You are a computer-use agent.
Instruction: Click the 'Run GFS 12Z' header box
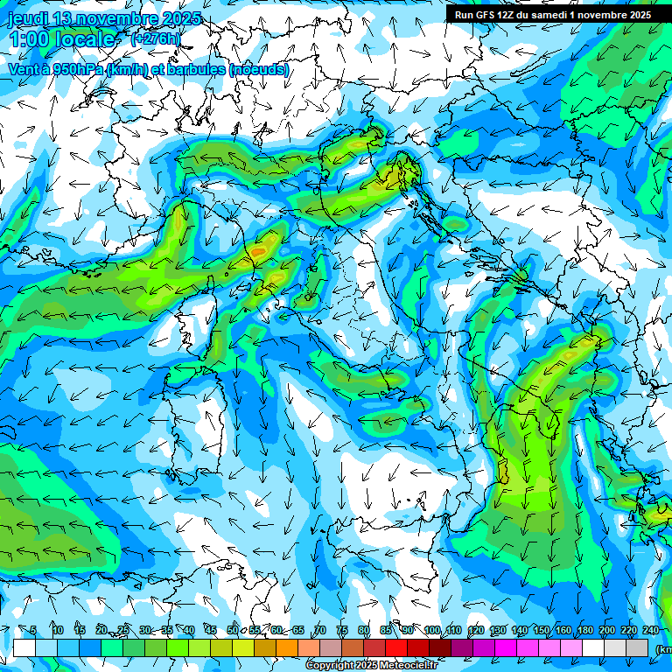click(x=552, y=15)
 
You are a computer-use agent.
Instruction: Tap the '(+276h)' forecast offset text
click(x=156, y=38)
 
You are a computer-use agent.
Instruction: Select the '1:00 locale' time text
click(x=63, y=39)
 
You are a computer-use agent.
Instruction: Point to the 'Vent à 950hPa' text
click(x=55, y=69)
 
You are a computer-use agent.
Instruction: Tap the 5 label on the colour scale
click(x=33, y=630)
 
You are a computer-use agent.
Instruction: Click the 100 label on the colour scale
click(x=431, y=630)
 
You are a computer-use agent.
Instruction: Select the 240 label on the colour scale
click(x=651, y=630)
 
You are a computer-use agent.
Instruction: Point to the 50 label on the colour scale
click(x=232, y=630)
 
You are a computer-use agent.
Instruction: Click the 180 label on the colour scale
click(x=584, y=630)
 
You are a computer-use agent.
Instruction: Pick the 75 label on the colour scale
click(x=342, y=630)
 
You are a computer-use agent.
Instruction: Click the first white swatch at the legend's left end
click(x=24, y=647)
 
